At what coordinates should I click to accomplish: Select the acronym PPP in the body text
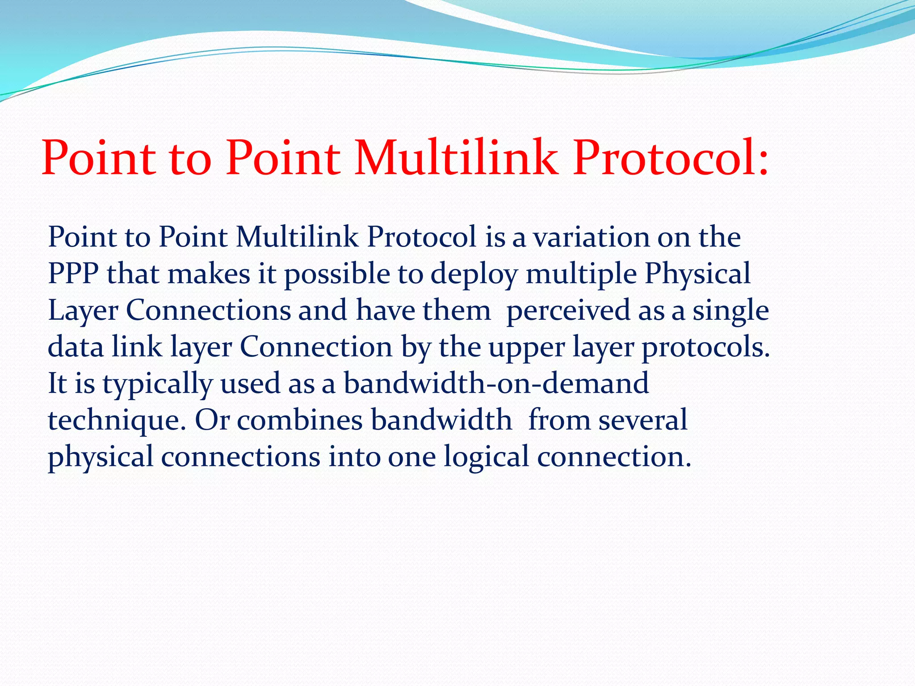(73, 273)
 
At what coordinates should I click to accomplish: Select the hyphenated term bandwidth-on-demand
(496, 383)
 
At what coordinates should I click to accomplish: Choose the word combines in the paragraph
(299, 420)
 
